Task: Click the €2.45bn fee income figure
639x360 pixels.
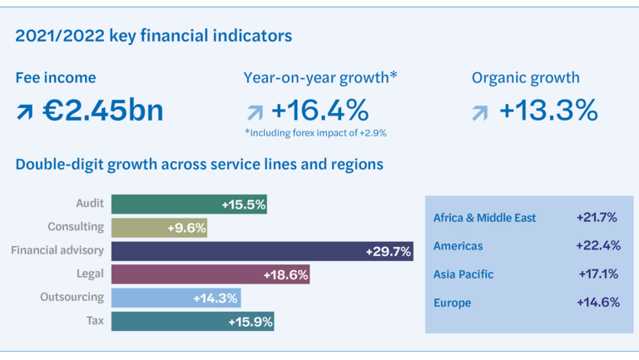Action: [103, 111]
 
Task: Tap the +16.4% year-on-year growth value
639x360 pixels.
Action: [319, 111]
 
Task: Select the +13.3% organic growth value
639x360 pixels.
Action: [548, 111]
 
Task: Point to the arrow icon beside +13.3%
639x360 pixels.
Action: [480, 112]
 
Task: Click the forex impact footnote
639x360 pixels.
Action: [315, 132]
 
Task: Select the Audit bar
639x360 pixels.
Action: [189, 205]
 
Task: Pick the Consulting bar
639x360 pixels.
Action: [159, 228]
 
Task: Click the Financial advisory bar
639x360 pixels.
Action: [262, 251]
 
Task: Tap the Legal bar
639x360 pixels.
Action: [211, 274]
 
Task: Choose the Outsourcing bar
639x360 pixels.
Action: [176, 298]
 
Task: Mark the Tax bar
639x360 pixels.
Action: [192, 321]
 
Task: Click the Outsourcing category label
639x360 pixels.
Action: [72, 297]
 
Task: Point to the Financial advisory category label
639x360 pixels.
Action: [57, 250]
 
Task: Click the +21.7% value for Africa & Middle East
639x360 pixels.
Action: [597, 218]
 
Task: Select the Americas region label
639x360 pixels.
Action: [458, 246]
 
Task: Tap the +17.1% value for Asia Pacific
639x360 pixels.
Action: [597, 274]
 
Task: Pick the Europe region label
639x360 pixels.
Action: [452, 303]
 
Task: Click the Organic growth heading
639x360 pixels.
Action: [525, 78]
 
